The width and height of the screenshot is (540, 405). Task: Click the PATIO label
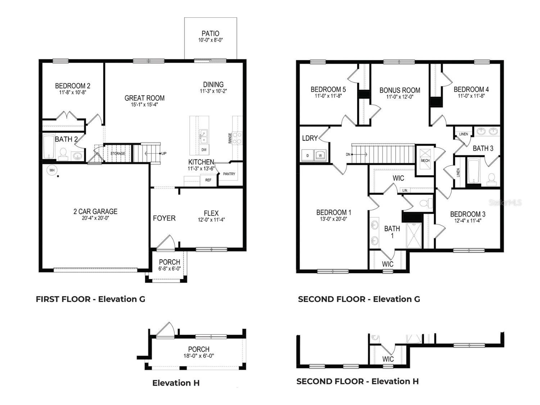(x=210, y=33)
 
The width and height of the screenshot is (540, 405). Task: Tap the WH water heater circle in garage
(x=52, y=170)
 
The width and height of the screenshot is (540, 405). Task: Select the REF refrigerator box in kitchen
(x=208, y=180)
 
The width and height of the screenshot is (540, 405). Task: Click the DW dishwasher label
(x=204, y=149)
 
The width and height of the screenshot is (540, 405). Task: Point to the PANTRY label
(x=229, y=174)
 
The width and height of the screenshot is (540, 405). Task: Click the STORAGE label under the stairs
(x=118, y=154)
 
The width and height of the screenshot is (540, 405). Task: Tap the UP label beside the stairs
(x=164, y=153)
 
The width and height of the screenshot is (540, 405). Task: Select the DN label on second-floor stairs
(x=348, y=154)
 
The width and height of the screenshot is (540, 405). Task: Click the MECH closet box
(x=425, y=160)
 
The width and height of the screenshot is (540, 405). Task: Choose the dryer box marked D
(x=307, y=156)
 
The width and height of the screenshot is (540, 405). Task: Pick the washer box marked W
(x=320, y=156)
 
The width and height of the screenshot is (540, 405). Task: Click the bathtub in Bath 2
(x=48, y=147)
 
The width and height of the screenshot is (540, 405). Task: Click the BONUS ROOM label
(x=400, y=90)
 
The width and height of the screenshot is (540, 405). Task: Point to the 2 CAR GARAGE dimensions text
(x=95, y=218)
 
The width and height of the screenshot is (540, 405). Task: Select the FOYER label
(x=164, y=218)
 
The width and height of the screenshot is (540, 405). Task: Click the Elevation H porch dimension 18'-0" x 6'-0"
(x=199, y=356)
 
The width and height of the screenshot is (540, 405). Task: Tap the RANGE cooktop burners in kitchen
(x=237, y=138)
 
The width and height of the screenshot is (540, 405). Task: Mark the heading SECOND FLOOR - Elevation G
(x=359, y=299)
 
